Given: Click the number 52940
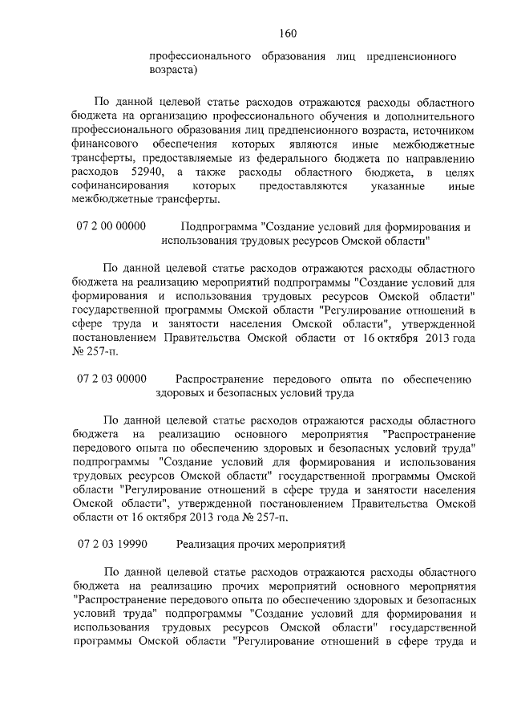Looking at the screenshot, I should point(143,172).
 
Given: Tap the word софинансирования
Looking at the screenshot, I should point(121,186).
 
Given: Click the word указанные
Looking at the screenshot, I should point(397,186).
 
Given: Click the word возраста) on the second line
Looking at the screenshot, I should point(174,71).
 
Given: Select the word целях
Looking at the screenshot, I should point(458,172).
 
